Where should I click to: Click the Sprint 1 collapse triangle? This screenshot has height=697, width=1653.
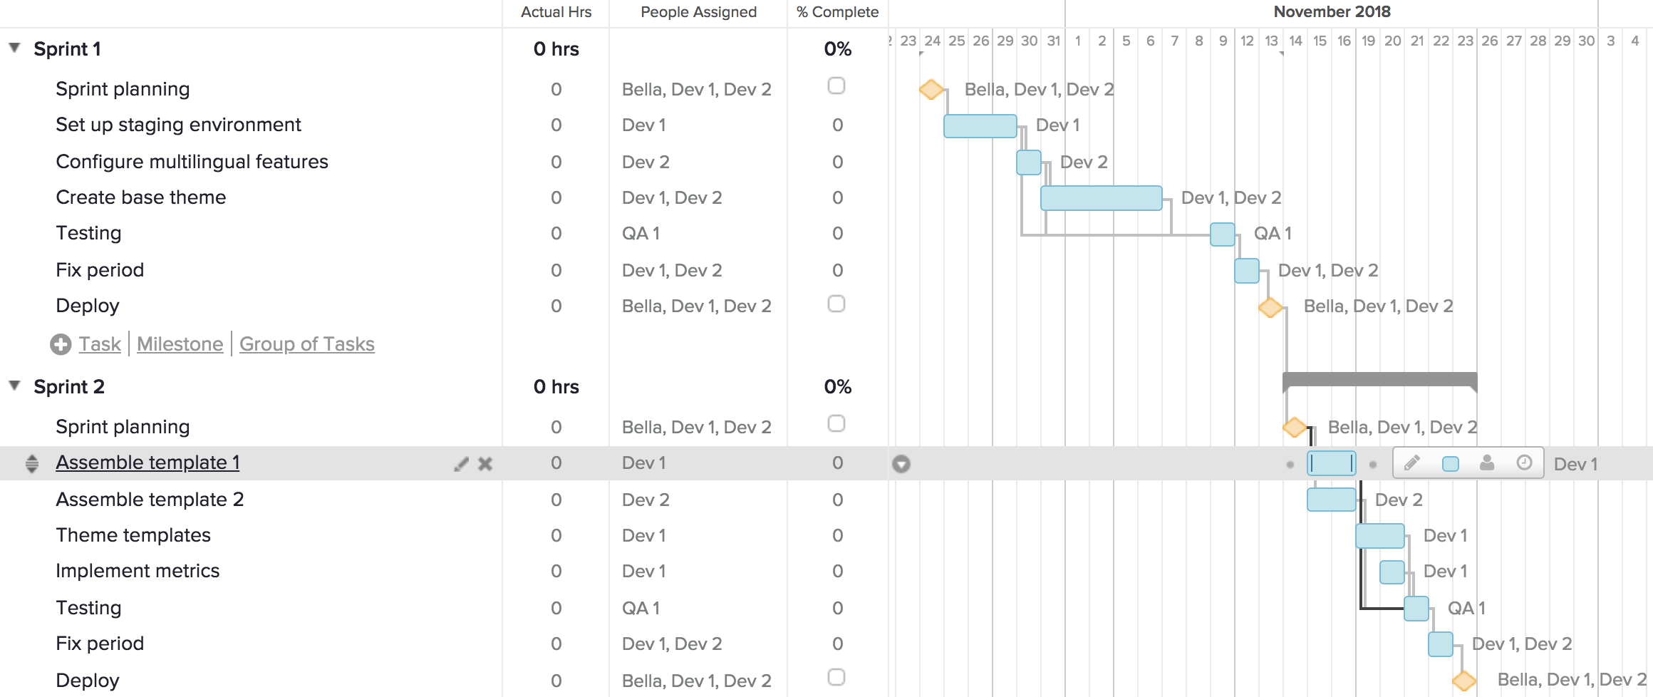pos(14,48)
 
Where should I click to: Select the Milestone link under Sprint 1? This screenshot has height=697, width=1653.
pos(180,344)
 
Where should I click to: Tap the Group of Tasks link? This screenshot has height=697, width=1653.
pos(306,344)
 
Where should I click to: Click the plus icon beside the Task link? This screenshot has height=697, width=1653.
pos(61,344)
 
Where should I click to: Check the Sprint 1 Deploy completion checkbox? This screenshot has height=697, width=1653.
pos(836,304)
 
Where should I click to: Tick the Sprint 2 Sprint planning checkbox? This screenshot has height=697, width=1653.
pos(836,424)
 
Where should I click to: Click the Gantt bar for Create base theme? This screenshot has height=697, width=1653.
pos(1101,198)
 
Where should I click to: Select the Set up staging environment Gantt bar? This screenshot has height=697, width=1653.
pos(980,126)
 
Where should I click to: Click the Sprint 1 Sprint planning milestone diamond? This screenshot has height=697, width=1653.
pos(931,90)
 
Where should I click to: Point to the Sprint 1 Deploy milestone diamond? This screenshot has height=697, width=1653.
pos(1270,308)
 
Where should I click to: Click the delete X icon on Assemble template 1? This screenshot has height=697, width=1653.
pos(485,464)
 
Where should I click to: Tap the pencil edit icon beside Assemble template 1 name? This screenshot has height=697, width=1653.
pos(462,464)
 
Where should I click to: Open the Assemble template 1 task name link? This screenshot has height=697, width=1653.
pos(147,463)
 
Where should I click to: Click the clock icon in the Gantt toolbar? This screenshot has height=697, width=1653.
pos(1524,463)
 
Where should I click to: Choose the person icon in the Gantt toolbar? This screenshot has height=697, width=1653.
pos(1487,463)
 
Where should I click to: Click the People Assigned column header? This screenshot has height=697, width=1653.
pos(698,12)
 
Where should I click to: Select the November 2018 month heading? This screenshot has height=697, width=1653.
pos(1332,12)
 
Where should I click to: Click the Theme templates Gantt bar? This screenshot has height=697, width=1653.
pos(1379,536)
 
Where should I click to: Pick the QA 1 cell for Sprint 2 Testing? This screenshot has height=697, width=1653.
pos(641,608)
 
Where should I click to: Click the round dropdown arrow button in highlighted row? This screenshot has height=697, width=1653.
pos(901,464)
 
